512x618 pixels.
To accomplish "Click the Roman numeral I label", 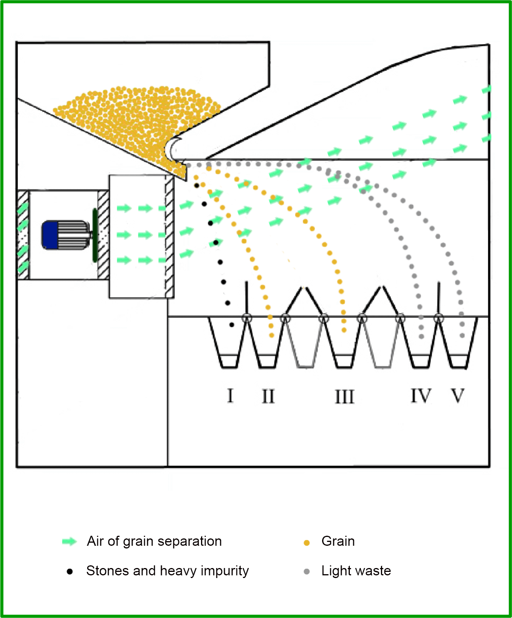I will tap(230, 395).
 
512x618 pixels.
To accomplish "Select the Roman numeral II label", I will tap(268, 396).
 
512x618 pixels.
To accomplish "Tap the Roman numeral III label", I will tap(344, 397).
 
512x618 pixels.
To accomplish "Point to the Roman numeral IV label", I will tap(421, 396).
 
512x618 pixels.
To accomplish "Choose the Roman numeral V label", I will tap(457, 396).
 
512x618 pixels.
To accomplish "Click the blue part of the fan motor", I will tap(50, 235).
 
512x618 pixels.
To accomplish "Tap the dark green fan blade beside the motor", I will tap(95, 235).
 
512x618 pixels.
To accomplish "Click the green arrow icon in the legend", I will tap(70, 542).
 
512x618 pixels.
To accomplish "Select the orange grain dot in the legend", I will tap(307, 543).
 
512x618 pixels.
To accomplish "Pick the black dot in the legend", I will tap(70, 571).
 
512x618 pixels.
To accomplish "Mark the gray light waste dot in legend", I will tap(307, 571).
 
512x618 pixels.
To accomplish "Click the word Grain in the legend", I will tap(338, 541).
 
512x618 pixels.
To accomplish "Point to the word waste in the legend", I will tap(372, 571).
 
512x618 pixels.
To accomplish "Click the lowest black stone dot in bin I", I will tap(231, 325).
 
